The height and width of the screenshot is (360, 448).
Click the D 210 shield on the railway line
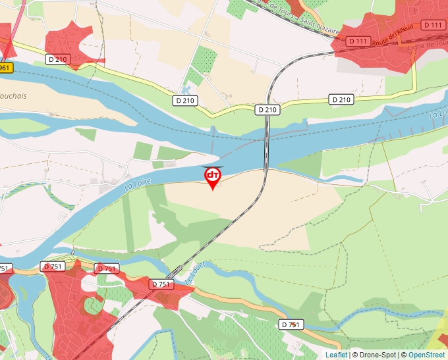[x=267, y=110]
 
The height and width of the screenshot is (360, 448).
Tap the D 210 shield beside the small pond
[x=186, y=101]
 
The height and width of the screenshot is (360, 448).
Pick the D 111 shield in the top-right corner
[x=433, y=25]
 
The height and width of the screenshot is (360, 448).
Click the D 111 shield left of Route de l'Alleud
[x=358, y=41]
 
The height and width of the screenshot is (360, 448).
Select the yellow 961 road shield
[x=5, y=68]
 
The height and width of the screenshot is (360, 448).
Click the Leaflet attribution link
[x=336, y=355]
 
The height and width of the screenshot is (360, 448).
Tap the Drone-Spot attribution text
[x=378, y=355]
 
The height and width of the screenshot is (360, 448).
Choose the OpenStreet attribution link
[x=426, y=355]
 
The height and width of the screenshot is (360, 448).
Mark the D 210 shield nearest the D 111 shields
[x=341, y=99]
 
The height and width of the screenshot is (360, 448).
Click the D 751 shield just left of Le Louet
[x=161, y=284]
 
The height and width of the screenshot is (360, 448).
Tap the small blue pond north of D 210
[x=186, y=89]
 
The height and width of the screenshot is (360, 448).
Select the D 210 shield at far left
[x=58, y=59]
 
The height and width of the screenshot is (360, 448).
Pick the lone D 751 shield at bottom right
[x=291, y=324]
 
